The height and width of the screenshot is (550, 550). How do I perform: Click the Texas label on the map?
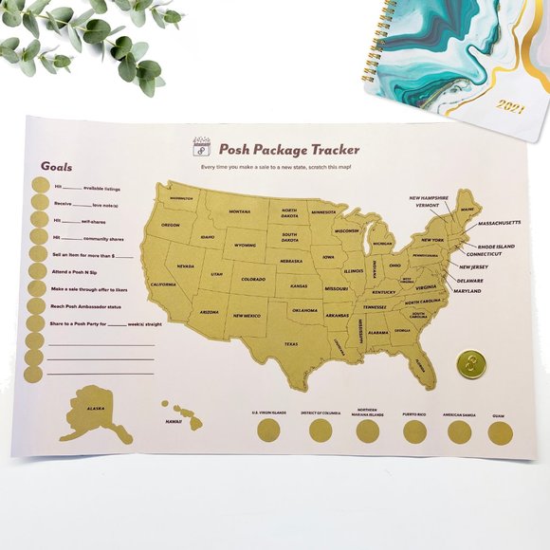(x=290, y=344)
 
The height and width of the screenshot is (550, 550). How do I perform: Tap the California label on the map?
(x=163, y=284)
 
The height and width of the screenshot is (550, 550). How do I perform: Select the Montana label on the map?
(x=239, y=211)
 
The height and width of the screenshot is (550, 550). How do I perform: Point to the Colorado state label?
(x=252, y=280)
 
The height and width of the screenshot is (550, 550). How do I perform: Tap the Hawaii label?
(x=173, y=421)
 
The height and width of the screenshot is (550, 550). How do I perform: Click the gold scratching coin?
(x=467, y=363)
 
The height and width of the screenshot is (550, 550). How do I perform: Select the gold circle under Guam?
(x=500, y=433)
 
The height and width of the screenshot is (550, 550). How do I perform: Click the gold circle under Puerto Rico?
(x=414, y=432)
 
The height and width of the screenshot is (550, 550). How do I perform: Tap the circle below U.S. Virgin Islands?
(x=268, y=431)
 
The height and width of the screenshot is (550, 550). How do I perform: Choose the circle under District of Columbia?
(x=321, y=431)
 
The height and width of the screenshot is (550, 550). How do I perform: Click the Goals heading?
(x=56, y=166)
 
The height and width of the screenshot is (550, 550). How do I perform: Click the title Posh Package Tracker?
(x=288, y=149)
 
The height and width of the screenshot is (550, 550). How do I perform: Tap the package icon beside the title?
(x=200, y=147)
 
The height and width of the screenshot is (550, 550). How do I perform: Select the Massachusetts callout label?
(x=499, y=223)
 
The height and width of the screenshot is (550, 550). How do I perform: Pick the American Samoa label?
(x=458, y=414)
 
